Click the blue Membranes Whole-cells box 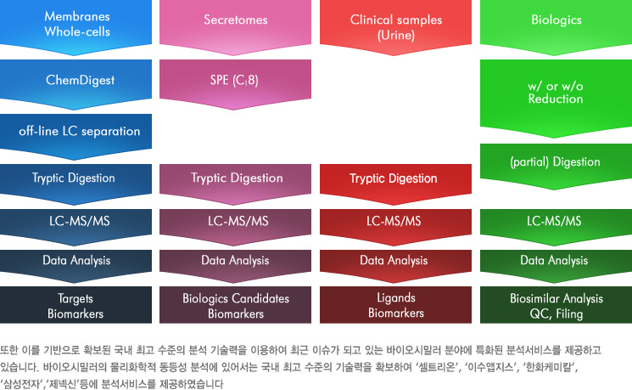point(76,25)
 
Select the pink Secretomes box point(235,25)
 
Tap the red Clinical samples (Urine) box point(396,25)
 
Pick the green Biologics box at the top point(556,25)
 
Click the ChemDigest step point(76,82)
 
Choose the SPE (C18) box point(235,82)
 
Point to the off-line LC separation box point(76,135)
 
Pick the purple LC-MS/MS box point(235,225)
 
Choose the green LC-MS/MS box point(556,225)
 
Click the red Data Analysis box point(396,264)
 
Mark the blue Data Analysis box point(76,264)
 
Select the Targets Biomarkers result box point(76,305)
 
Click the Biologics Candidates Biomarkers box point(235,305)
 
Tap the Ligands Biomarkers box point(396,305)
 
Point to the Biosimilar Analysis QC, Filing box point(556,305)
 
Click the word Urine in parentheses point(396,35)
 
